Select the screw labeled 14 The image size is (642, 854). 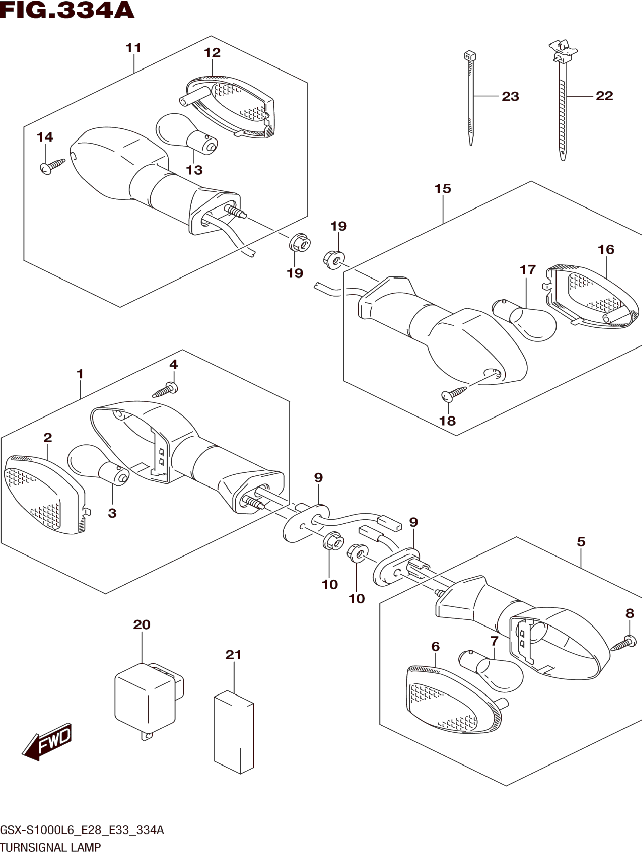[x=52, y=166]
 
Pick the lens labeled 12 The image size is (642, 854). [x=232, y=108]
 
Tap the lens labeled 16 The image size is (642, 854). [x=590, y=297]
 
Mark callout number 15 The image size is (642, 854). [x=443, y=189]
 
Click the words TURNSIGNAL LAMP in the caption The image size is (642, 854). [x=51, y=848]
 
